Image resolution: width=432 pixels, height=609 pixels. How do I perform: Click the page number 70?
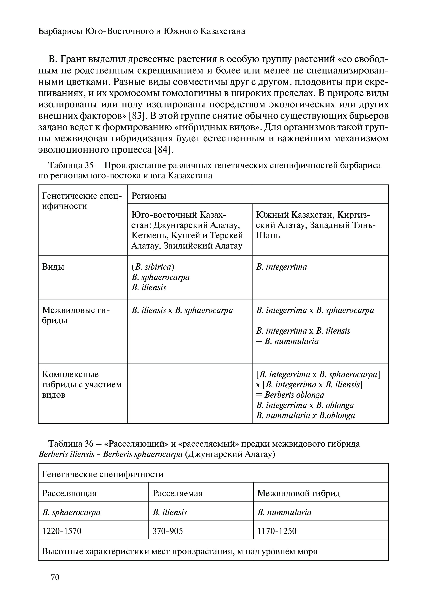click(55, 577)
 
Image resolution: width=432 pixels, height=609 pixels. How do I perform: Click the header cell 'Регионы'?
click(149, 196)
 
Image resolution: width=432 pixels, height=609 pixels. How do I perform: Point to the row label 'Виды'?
click(53, 267)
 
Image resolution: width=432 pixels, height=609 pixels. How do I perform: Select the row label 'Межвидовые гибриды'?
click(76, 315)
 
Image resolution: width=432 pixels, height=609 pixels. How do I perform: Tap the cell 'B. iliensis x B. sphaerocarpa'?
click(182, 310)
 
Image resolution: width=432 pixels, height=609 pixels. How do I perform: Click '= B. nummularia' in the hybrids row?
click(287, 341)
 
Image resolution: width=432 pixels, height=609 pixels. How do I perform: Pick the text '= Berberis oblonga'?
click(290, 395)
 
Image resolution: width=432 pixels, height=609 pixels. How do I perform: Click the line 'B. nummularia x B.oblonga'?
click(305, 415)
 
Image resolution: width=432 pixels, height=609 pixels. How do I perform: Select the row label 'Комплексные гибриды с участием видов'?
click(82, 384)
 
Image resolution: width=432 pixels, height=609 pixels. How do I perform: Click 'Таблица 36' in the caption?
click(70, 444)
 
